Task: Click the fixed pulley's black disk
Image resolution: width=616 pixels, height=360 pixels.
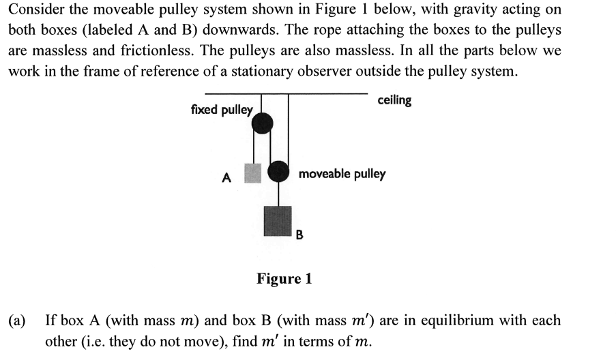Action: pos(262,123)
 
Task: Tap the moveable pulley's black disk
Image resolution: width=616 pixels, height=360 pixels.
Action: pos(278,171)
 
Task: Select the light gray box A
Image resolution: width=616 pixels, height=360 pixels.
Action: pos(253,173)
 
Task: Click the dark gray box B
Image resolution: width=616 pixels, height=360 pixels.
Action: pos(277,220)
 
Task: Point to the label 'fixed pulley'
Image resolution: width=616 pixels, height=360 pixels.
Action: pos(221,109)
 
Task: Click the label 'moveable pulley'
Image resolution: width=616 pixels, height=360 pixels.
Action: pos(342,174)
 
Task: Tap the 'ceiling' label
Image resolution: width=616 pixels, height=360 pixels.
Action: pos(394,100)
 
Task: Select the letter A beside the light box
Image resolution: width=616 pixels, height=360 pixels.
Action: pos(226,179)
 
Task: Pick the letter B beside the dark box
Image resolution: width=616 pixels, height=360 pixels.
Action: pos(299,236)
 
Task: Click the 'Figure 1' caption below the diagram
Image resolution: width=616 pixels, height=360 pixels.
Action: pos(284,278)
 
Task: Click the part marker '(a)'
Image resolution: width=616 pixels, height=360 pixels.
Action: pos(18,320)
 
